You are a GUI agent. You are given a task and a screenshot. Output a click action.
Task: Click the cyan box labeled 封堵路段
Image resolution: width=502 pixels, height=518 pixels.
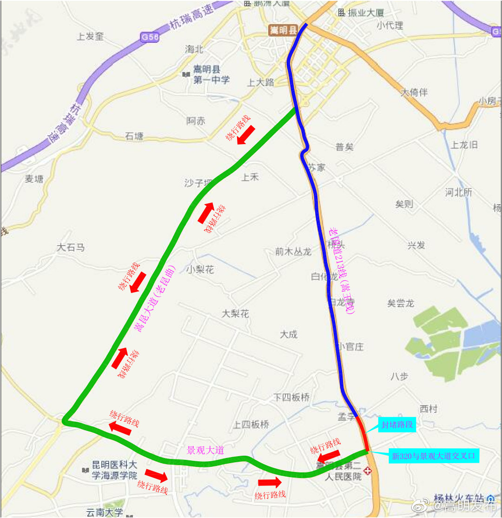(x=396, y=425)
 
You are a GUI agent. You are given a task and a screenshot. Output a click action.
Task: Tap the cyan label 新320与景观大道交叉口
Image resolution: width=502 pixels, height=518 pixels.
(x=435, y=456)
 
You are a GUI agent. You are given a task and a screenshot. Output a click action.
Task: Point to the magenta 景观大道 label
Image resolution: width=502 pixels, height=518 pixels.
(x=205, y=450)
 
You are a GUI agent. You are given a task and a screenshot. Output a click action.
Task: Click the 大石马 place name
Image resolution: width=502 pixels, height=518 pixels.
(x=71, y=247)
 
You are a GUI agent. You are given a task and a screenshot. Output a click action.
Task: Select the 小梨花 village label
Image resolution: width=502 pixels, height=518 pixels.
(x=200, y=269)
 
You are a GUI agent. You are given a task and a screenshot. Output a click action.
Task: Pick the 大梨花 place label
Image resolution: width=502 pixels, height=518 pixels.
(x=235, y=314)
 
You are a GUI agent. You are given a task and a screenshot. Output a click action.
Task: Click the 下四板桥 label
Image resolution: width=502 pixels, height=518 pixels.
(x=291, y=397)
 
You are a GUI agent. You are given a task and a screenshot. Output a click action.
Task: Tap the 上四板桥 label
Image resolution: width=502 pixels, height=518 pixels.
(x=251, y=424)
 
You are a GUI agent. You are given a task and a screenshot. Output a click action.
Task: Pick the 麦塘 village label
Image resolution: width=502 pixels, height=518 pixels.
(x=34, y=179)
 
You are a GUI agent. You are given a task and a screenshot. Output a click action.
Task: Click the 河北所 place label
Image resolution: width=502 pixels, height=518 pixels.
(x=458, y=192)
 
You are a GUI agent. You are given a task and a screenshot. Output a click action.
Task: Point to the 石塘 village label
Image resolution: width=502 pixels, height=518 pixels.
(x=134, y=136)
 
